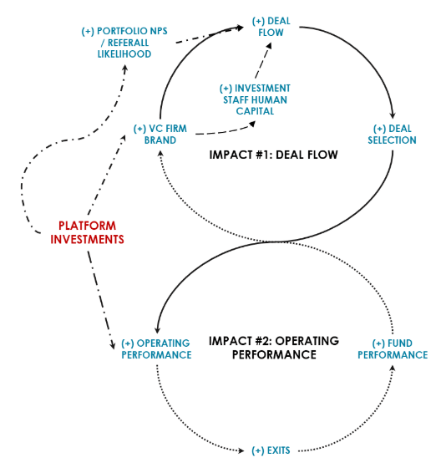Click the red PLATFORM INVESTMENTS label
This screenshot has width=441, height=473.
pos(87,232)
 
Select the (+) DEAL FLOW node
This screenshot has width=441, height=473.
pos(271,27)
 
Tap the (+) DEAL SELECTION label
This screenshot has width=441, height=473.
pos(392,135)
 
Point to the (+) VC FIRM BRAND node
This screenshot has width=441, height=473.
pos(160,135)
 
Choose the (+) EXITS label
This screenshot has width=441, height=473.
pos(271,450)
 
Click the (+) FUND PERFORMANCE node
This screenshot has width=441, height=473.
pos(393,349)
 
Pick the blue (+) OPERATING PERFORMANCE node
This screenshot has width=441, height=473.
pos(156,349)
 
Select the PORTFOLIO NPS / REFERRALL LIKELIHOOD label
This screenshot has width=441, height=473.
pos(124,43)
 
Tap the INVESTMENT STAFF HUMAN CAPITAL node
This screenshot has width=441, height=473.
pos(255,99)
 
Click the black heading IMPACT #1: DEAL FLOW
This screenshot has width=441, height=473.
pos(273,155)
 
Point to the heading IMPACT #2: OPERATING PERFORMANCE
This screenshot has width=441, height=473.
pos(274,348)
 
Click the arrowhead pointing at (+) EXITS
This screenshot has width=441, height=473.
pos(241,450)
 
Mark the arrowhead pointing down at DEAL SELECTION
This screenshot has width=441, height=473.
pos(393,116)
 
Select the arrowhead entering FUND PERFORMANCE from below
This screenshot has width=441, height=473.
pos(393,369)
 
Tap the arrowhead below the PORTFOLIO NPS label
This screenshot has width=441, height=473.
pos(124,69)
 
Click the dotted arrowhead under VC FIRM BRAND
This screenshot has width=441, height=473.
pos(160,154)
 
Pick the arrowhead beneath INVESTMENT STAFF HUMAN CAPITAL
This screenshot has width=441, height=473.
pos(252,124)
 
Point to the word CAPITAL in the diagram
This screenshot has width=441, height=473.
pos(255,111)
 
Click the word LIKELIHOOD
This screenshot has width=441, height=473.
pos(124,54)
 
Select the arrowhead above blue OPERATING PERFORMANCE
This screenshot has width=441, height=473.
pos(157,330)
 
